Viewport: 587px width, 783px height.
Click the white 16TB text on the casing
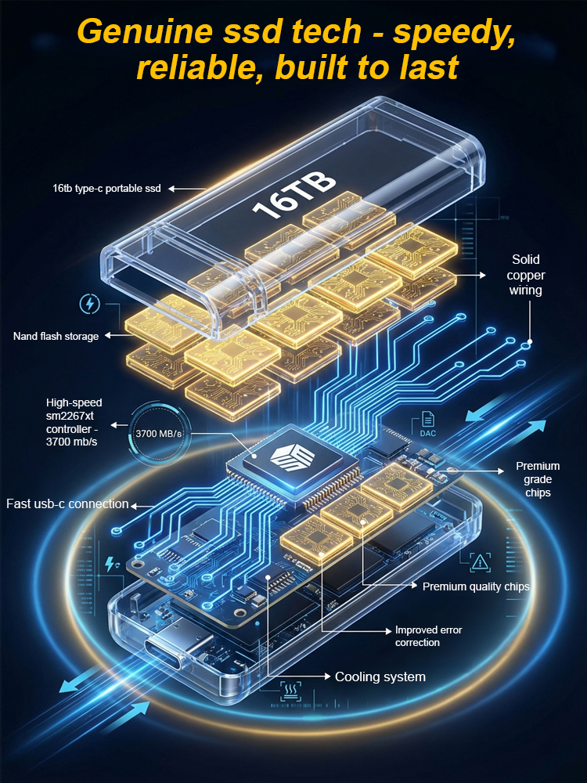[x=294, y=196]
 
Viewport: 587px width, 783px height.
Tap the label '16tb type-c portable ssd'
[x=106, y=188]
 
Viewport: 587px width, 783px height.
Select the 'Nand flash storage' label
[x=56, y=336]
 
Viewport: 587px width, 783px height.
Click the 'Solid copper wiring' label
[x=526, y=275]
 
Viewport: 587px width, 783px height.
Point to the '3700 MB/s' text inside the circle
[x=159, y=434]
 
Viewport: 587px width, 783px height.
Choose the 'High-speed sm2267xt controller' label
[x=74, y=422]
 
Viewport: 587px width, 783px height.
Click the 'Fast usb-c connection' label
[x=67, y=503]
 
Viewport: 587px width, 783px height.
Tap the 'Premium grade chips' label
[x=538, y=479]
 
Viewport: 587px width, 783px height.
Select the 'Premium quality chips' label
[x=476, y=586]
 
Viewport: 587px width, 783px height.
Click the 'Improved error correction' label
[x=428, y=636]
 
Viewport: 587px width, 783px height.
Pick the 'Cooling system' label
[x=380, y=677]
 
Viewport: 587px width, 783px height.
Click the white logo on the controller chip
[x=292, y=457]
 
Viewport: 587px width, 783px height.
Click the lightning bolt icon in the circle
[x=90, y=304]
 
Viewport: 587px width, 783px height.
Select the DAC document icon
[x=428, y=424]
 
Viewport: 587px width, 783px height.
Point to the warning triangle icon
[x=481, y=563]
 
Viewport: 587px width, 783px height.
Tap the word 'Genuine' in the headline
[x=144, y=33]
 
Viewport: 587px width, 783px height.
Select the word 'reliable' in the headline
[x=200, y=67]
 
